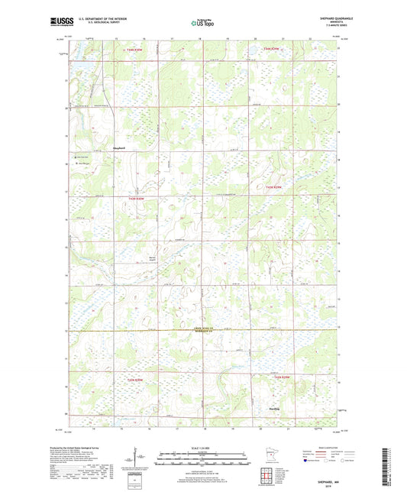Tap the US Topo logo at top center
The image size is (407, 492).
coord(202,24)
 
